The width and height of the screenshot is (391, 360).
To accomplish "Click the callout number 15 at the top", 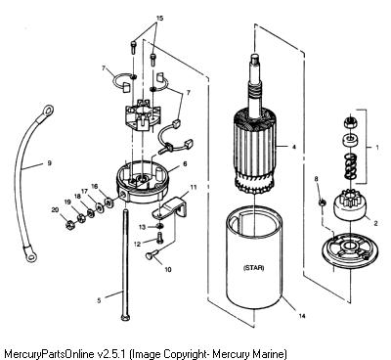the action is pos(159,19).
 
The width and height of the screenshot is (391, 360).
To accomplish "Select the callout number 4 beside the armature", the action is pos(294,147).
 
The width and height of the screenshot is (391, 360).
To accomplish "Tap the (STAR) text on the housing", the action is pos(254,268).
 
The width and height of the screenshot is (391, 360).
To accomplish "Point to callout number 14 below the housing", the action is pos(302,316).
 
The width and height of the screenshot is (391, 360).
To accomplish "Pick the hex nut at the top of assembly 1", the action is pos(350,122).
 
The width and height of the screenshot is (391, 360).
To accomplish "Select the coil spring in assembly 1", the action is pos(350,166).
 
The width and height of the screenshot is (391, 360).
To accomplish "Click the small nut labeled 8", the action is pos(322,202).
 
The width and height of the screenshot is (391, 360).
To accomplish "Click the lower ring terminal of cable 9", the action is pos(30,256).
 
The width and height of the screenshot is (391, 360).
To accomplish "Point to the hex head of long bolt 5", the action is pos(125,317).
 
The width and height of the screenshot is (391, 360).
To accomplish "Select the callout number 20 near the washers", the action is pos(55,210).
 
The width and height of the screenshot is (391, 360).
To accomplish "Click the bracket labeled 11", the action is pos(172,208).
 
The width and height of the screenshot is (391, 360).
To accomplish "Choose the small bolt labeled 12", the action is pos(159,238).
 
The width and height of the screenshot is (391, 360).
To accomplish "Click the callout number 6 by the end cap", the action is pos(185,164).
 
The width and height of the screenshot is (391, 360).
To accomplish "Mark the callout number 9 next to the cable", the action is pos(49,162).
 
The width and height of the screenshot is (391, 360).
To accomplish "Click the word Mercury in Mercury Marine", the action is pos(230,354).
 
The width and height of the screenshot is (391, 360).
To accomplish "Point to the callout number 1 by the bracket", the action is pos(377,147).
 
